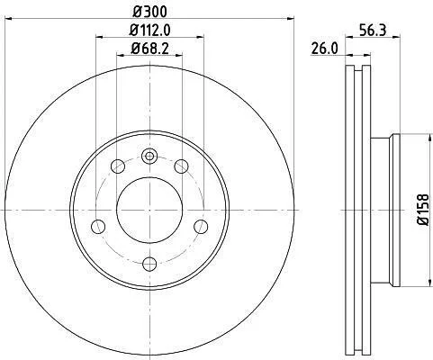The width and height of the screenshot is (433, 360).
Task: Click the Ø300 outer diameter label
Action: click(x=149, y=12)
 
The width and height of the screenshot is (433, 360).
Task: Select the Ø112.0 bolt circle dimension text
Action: click(x=149, y=30)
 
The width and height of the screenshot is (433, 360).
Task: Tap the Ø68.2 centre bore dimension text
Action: click(x=149, y=49)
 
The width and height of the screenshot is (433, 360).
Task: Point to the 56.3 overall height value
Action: click(x=373, y=31)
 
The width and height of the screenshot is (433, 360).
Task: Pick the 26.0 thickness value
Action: click(x=325, y=49)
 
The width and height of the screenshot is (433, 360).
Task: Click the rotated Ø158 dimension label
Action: click(x=423, y=210)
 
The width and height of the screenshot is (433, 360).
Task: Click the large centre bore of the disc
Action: click(x=149, y=210)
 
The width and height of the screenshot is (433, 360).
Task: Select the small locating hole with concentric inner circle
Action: click(x=149, y=156)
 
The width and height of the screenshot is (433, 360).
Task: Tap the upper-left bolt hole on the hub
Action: click(x=118, y=166)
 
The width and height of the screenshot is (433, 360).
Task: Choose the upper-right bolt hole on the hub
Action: click(x=181, y=166)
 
